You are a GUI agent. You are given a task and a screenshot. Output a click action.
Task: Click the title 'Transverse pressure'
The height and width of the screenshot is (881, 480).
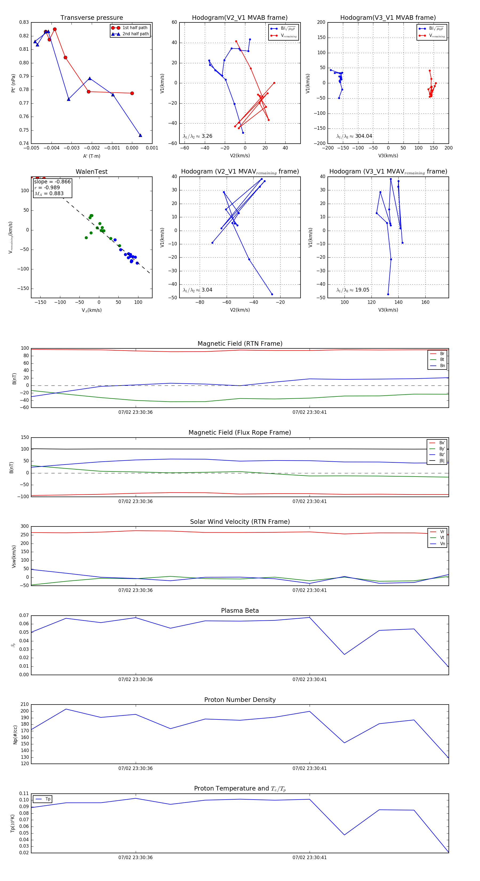pyautogui.click(x=91, y=18)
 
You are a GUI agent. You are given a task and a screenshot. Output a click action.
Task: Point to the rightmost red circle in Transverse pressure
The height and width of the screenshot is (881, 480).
pyautogui.click(x=132, y=93)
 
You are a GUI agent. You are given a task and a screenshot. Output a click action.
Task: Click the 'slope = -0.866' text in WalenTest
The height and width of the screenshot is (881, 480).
pyautogui.click(x=52, y=182)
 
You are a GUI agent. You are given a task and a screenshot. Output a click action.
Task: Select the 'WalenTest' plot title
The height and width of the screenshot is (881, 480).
pyautogui.click(x=91, y=172)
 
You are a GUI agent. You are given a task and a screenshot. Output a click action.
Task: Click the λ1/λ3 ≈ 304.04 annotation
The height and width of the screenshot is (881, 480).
pyautogui.click(x=354, y=136)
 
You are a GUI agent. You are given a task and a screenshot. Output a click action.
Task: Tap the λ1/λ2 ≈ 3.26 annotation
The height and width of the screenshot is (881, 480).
pyautogui.click(x=197, y=136)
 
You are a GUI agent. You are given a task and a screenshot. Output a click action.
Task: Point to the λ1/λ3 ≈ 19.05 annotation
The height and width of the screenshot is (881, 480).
pyautogui.click(x=353, y=290)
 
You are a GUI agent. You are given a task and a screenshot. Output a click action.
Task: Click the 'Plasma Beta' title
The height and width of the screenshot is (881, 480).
pyautogui.click(x=240, y=611)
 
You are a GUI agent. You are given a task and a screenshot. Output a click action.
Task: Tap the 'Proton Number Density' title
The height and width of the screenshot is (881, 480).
pyautogui.click(x=240, y=700)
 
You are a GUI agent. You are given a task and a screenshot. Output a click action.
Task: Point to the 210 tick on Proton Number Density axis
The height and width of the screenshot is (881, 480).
pyautogui.click(x=25, y=704)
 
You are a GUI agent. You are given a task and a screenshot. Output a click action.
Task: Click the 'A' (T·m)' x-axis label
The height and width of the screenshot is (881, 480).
pyautogui.click(x=91, y=156)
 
